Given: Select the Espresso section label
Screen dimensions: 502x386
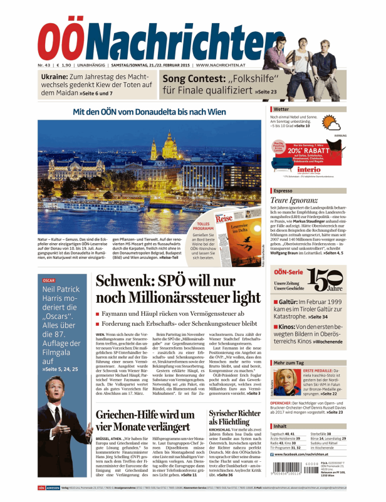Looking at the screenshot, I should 284,189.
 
